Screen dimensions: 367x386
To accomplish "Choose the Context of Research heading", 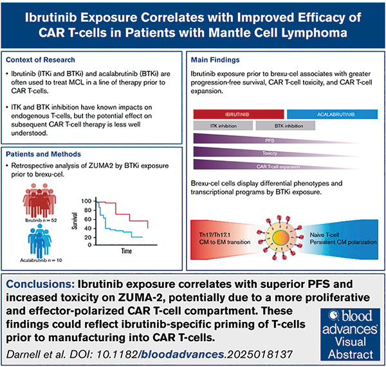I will click(x=44, y=60).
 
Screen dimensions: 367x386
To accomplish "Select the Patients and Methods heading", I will click(x=46, y=155).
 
